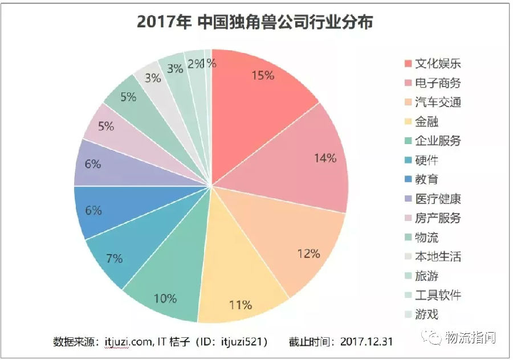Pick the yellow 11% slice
pos(242,291)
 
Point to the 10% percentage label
pos(165,298)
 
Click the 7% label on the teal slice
pos(115,259)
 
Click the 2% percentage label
pos(195,64)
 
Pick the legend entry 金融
pos(427,121)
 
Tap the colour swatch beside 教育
pos(408,179)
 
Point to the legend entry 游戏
pos(427,314)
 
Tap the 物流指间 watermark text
pos(470,337)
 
